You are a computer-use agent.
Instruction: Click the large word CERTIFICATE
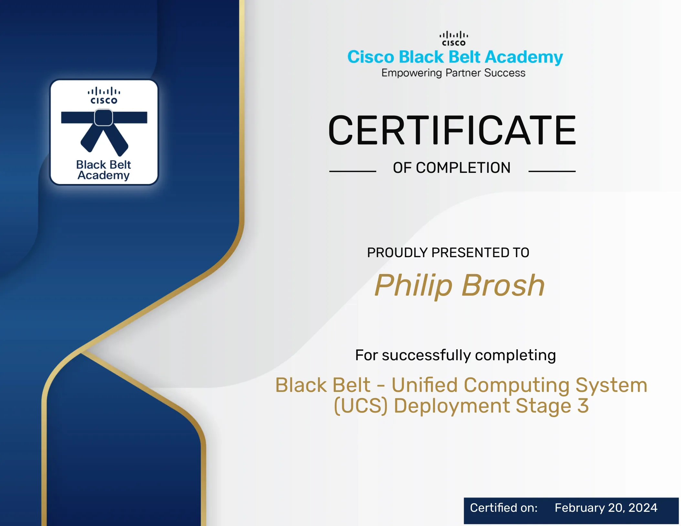coord(452,130)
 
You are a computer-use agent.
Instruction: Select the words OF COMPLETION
coord(452,168)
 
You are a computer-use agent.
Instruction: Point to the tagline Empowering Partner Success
coord(453,73)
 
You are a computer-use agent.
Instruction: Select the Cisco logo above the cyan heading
coord(453,38)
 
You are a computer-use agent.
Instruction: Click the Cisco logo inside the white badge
coord(104,95)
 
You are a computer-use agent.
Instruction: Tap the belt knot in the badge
coord(103,117)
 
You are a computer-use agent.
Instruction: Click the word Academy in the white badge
coord(103,175)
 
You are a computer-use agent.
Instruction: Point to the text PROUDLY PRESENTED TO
coord(448,252)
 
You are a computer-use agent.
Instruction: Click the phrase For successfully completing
coord(455,355)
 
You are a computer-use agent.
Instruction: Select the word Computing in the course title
coord(516,385)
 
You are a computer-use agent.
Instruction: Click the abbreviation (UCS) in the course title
coord(360,406)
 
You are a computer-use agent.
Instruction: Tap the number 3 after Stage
coord(583,405)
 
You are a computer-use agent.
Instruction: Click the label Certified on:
coord(504,508)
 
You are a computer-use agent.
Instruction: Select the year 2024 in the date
coord(643,508)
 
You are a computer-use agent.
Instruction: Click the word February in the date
coord(580,508)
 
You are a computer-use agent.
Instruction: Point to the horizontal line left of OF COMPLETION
coord(353,171)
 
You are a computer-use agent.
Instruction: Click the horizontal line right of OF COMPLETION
coord(552,171)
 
